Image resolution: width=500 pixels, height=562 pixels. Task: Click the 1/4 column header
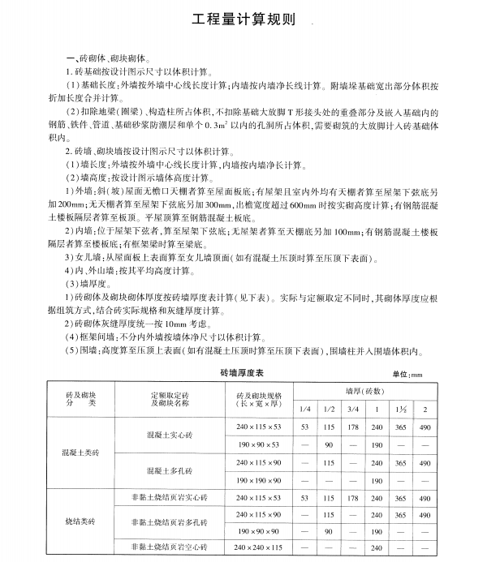pyautogui.click(x=304, y=407)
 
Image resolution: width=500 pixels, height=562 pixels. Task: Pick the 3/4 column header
pyautogui.click(x=351, y=407)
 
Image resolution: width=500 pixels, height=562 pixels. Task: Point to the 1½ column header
pyautogui.click(x=400, y=407)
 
